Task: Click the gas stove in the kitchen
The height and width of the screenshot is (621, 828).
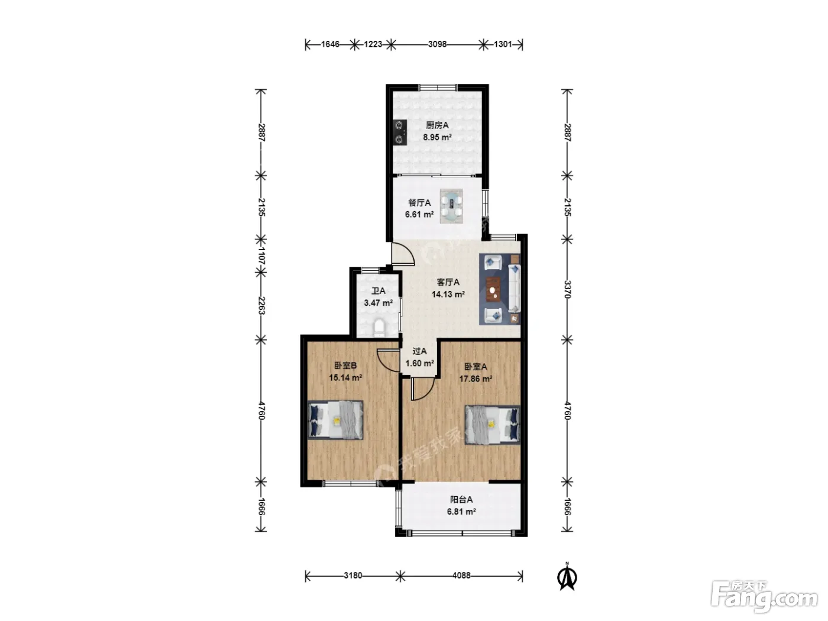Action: (x=400, y=132)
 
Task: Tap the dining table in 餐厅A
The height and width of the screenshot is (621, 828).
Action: (x=451, y=206)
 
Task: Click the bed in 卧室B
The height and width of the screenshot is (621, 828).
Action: (x=335, y=420)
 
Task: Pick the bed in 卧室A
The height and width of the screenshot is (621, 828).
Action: (x=493, y=425)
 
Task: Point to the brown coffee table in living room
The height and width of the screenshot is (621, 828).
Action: (x=493, y=289)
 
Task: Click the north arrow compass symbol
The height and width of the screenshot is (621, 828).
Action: (x=567, y=577)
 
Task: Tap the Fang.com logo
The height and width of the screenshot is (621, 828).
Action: (x=764, y=596)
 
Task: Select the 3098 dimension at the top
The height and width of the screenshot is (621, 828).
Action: (x=437, y=44)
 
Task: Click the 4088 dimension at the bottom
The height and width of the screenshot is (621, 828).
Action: (x=461, y=575)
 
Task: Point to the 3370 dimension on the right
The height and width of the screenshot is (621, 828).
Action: (x=567, y=289)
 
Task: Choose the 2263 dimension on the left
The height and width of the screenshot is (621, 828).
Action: (x=261, y=305)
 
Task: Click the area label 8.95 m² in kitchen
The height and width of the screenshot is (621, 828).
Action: (x=437, y=137)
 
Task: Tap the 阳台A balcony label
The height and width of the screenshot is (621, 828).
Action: (x=461, y=500)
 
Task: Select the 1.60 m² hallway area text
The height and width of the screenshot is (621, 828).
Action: (x=419, y=363)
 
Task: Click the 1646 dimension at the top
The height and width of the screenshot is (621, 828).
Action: (x=330, y=44)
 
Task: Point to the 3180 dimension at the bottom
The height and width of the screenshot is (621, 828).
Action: (x=352, y=575)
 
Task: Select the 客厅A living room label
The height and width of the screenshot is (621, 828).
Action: (x=448, y=282)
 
